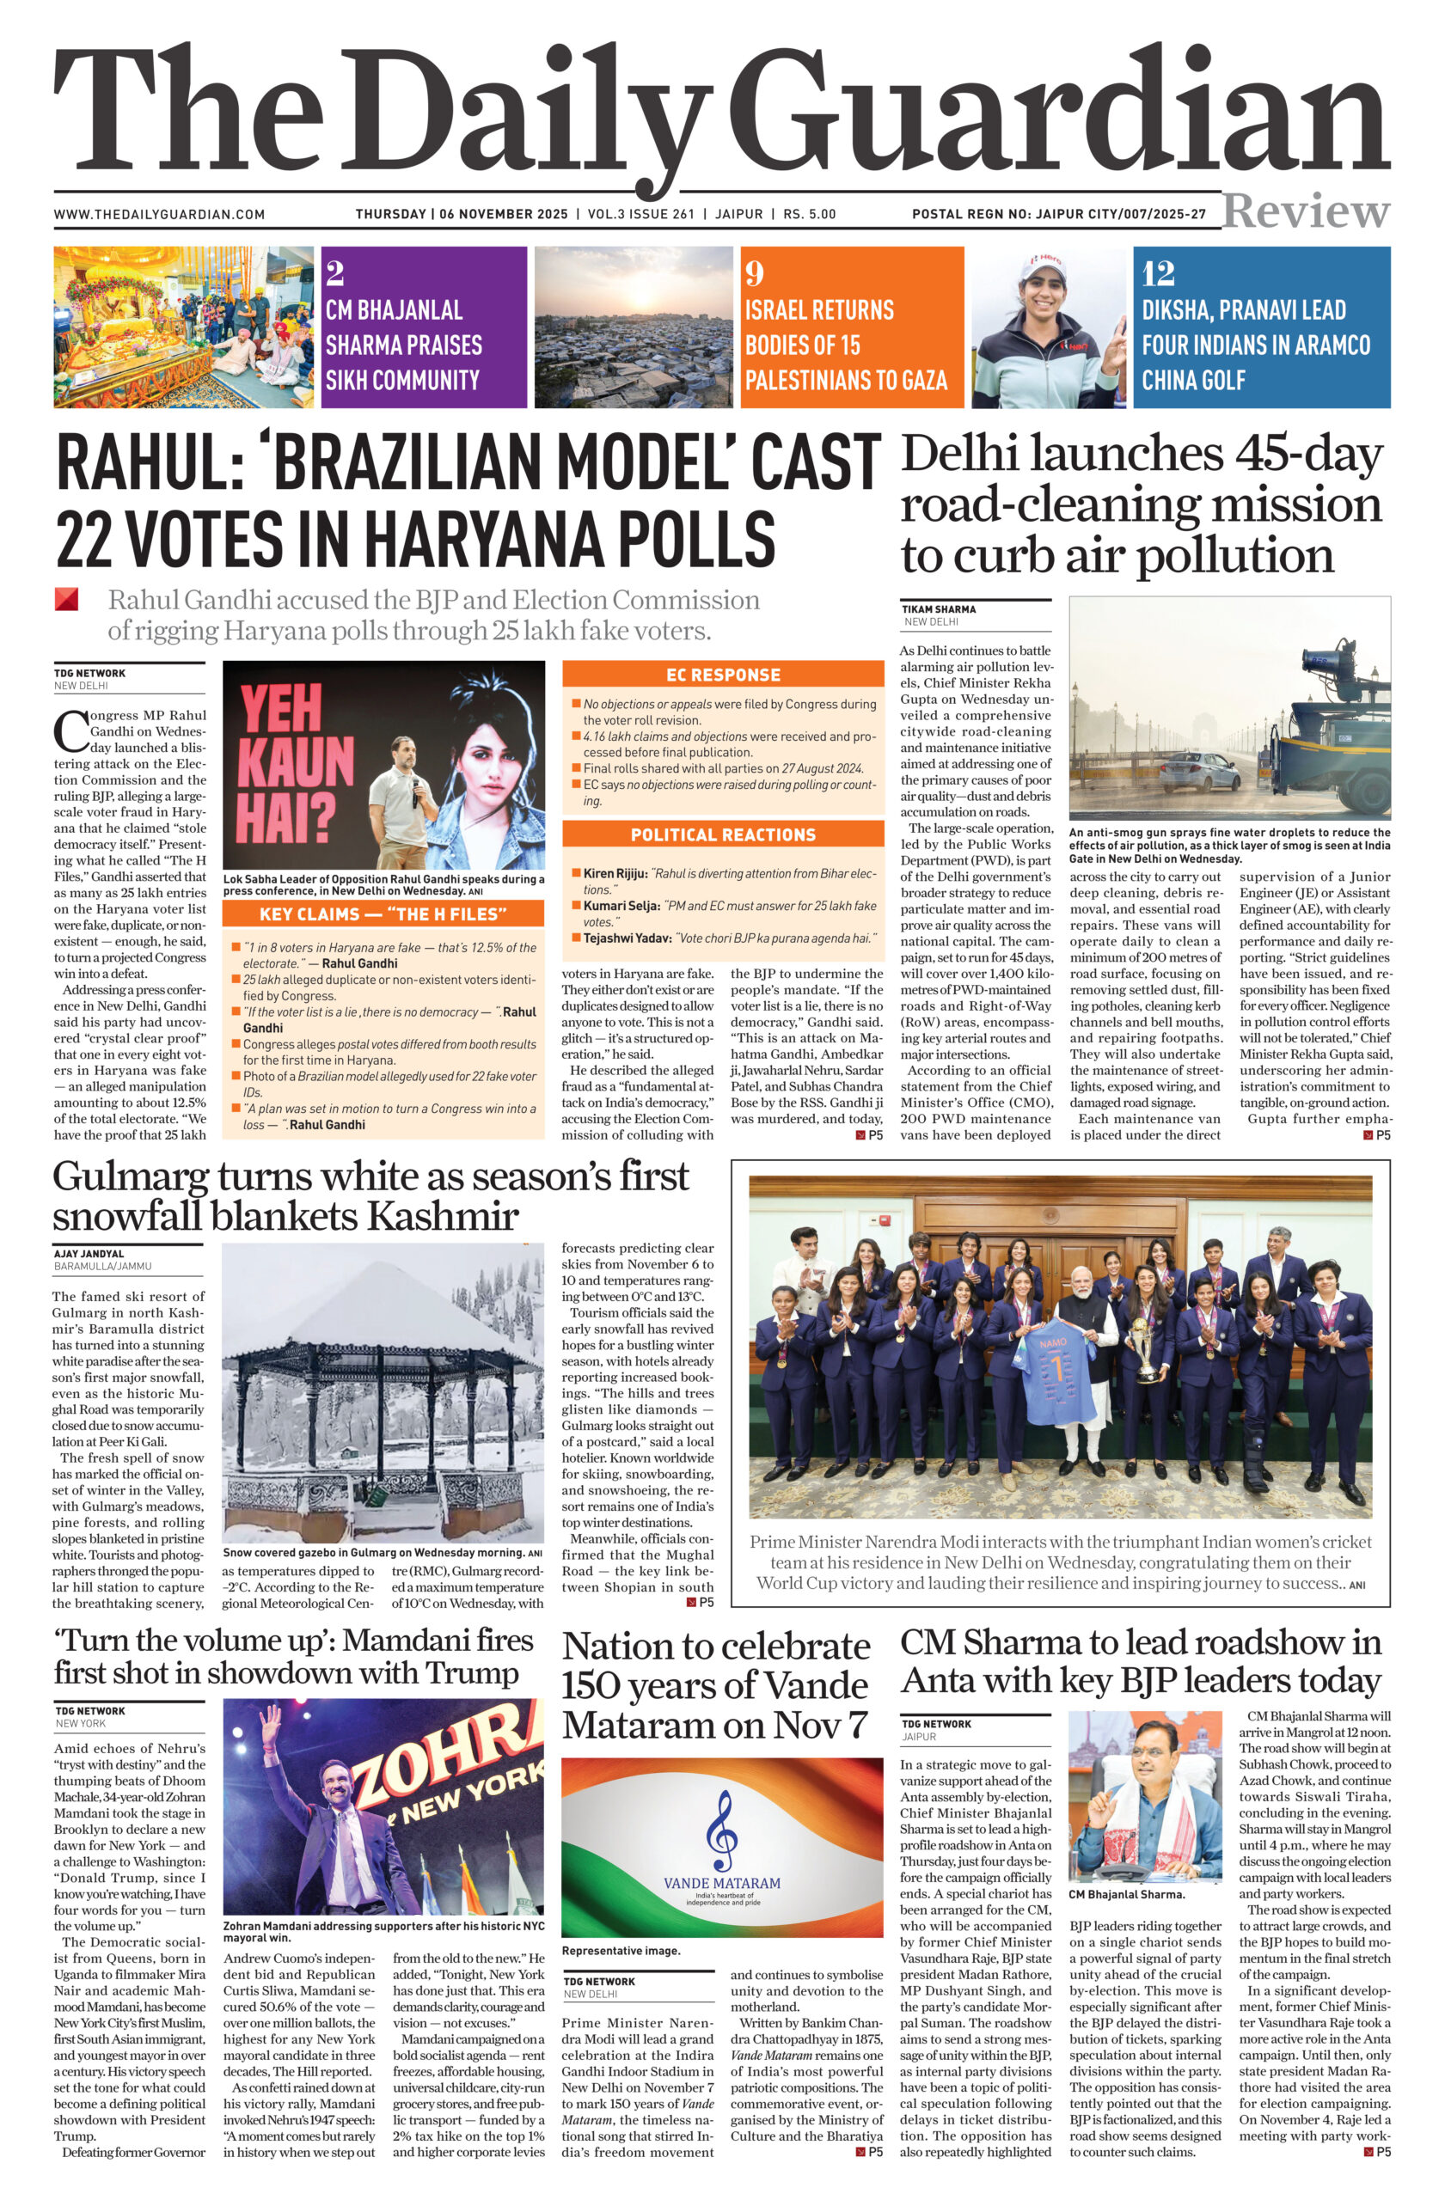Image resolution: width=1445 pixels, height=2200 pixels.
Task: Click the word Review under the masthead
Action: point(1306,211)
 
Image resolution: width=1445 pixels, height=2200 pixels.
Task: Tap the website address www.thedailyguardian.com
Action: point(159,215)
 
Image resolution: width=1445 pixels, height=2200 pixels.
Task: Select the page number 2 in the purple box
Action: point(334,272)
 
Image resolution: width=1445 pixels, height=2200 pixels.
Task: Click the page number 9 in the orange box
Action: point(755,272)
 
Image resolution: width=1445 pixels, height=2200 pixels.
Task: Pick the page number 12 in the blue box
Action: point(1158,272)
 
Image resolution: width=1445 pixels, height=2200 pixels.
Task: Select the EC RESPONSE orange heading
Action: point(723,675)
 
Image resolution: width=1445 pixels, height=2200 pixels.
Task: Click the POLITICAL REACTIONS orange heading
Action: point(723,834)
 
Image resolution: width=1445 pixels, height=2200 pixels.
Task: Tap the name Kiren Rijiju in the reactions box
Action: point(615,872)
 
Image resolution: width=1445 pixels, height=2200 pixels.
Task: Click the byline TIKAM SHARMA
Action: point(939,609)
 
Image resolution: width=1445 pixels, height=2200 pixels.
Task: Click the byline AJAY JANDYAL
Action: point(89,1254)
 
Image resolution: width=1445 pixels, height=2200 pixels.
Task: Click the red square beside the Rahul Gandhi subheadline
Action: point(66,599)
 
